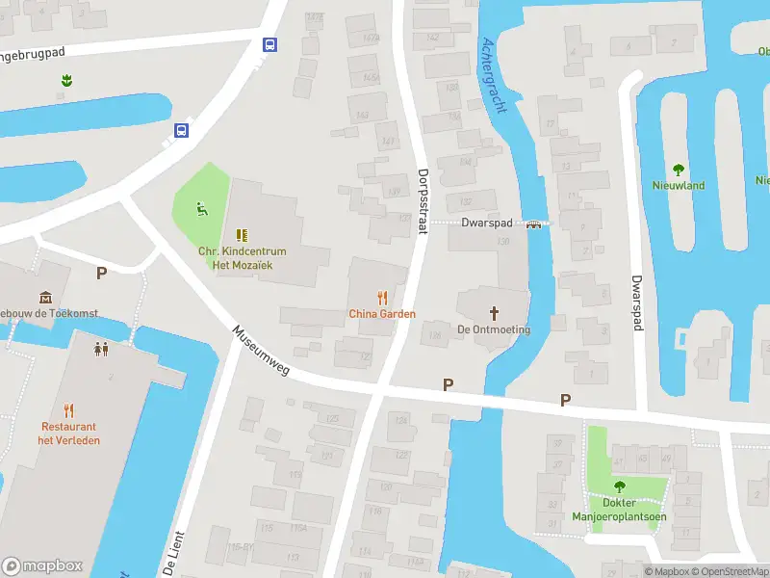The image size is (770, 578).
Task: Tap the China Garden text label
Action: click(382, 314)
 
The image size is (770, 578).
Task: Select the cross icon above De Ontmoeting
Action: click(495, 312)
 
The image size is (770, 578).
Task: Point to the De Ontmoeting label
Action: click(494, 329)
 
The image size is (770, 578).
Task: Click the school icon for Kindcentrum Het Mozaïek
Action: click(242, 234)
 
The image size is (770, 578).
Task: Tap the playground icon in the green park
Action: click(201, 206)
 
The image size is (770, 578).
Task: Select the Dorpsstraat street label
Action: click(423, 201)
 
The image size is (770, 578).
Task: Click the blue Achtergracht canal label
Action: click(493, 75)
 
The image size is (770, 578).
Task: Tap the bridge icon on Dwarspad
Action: click(533, 223)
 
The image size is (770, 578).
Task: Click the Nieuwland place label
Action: click(679, 185)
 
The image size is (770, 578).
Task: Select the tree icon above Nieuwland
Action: click(679, 169)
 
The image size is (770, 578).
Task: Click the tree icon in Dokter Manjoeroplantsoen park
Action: click(619, 486)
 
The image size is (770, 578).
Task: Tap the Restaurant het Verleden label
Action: click(69, 433)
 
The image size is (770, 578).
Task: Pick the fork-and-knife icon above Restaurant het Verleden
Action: click(69, 410)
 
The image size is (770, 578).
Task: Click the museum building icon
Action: click(44, 298)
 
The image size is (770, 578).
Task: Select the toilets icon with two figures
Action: click(101, 348)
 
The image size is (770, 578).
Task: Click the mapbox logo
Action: click(42, 566)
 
